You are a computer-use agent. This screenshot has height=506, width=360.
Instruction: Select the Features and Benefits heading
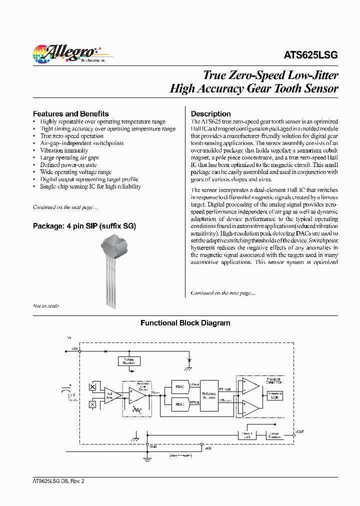coord(70,113)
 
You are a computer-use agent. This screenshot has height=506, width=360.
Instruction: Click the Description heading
coord(210,113)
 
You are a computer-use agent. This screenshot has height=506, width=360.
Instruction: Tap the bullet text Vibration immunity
coord(64,150)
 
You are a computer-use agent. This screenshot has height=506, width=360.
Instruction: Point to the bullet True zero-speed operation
coord(71,136)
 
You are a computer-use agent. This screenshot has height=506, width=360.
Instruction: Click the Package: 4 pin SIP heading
coord(84,226)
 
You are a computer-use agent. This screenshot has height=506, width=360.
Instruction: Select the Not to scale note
coord(46,306)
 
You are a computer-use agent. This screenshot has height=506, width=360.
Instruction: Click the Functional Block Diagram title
coord(185,323)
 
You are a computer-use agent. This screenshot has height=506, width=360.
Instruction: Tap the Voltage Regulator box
coord(128,361)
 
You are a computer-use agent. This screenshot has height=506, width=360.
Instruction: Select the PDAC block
coord(179,386)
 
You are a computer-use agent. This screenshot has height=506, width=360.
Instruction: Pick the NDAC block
coord(179,403)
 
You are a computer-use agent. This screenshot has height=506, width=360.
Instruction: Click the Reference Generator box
coord(209,395)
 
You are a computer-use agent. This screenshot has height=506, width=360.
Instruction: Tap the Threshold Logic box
coord(274,395)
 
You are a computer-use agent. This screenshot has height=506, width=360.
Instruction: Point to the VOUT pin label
coord(299,431)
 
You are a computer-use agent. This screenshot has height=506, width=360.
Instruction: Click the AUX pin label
coord(208,448)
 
